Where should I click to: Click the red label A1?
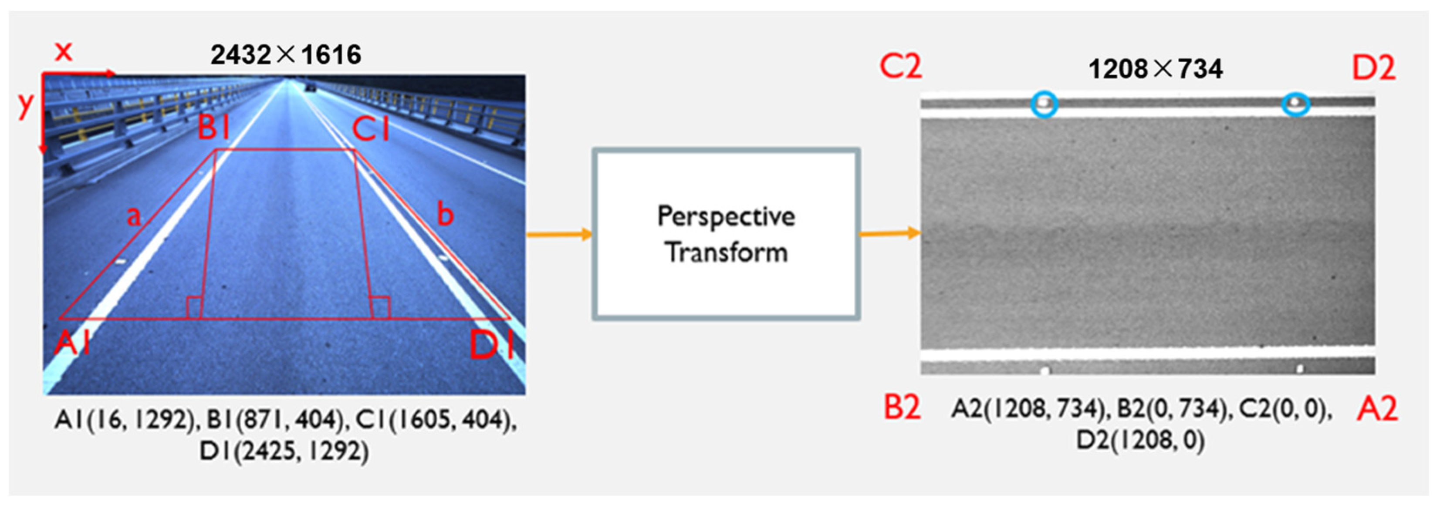point(73,342)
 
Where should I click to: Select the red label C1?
point(370,130)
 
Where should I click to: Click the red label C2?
point(900,67)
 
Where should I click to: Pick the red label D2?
point(1373,68)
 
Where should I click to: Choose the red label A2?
point(1377,408)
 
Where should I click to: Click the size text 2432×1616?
point(286,55)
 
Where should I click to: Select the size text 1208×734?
point(1155,69)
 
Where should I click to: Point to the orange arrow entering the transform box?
point(559,234)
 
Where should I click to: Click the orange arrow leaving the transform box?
point(889,232)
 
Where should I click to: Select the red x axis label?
point(63,51)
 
